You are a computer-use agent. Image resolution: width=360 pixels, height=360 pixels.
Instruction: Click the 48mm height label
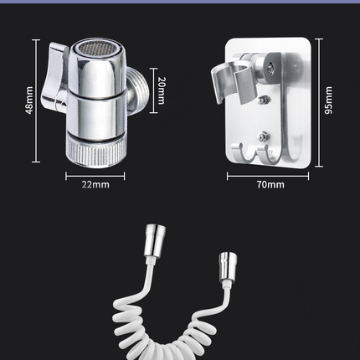(29, 100)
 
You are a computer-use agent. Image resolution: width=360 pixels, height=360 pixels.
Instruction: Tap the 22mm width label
(95, 184)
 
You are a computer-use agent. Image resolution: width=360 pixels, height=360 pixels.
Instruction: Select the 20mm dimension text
(162, 90)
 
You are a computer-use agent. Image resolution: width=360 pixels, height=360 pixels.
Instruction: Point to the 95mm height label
(329, 100)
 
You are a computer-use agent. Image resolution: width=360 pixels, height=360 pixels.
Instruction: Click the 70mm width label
(270, 184)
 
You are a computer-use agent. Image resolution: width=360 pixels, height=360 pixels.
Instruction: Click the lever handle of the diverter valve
(54, 78)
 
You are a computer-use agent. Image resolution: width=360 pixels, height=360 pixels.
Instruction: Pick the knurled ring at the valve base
(96, 152)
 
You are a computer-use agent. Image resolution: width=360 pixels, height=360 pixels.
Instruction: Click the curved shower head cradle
(233, 82)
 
